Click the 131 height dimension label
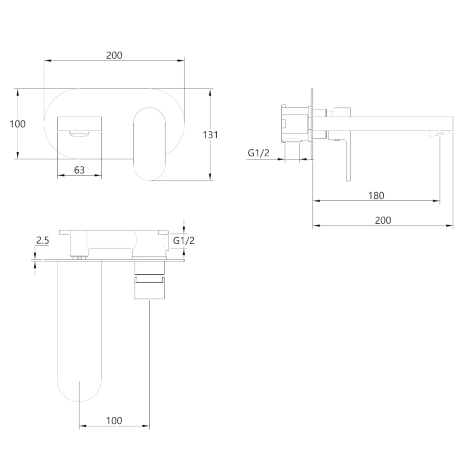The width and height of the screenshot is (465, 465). point(210,135)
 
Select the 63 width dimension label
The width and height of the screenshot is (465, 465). point(79,170)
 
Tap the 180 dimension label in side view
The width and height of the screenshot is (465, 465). point(376,195)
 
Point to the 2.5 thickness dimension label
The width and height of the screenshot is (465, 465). point(42,240)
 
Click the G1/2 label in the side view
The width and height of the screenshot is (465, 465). point(259,153)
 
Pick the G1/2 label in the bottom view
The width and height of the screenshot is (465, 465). point(184,240)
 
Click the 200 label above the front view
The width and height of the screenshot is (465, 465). point(114,55)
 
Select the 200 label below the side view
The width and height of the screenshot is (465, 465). point(383,220)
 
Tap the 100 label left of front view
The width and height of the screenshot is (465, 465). point(18,124)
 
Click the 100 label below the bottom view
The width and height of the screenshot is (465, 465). point(114,420)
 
